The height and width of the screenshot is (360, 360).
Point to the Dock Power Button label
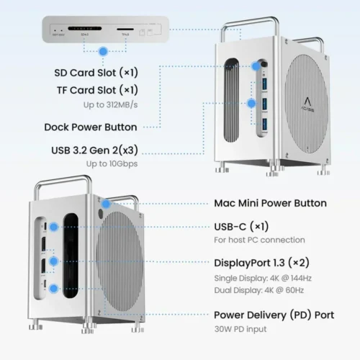coord(90,127)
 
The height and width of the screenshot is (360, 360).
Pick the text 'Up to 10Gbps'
coord(111,164)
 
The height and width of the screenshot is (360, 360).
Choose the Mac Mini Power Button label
coord(271,204)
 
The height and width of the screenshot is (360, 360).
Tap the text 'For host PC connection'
coord(260,240)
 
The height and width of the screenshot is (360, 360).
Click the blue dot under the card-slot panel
coord(104,52)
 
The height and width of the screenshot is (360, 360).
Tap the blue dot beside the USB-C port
coord(55,226)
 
